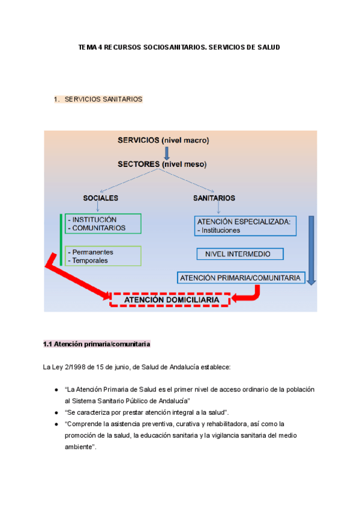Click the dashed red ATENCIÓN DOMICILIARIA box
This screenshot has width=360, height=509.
170,299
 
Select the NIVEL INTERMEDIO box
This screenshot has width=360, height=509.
238,254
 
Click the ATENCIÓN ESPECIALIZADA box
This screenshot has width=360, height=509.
243,226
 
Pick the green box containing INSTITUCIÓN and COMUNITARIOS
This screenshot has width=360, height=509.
104,223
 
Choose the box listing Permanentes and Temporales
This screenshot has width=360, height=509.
104,256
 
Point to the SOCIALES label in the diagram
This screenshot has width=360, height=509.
100,197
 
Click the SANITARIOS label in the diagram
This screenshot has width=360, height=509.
214,197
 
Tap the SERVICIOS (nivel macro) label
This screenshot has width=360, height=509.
163,140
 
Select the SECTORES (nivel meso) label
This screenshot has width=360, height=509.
161,163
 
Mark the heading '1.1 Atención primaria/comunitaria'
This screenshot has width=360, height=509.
97,344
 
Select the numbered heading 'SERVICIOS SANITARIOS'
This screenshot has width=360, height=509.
103,99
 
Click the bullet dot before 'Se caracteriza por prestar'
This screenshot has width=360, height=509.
56,412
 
